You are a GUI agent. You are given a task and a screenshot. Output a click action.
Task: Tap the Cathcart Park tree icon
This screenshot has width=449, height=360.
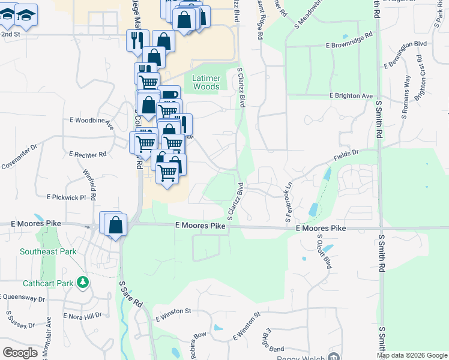pyautogui.click(x=83, y=281)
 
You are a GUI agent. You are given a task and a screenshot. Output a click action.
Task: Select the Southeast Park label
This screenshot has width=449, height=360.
pyautogui.click(x=48, y=251)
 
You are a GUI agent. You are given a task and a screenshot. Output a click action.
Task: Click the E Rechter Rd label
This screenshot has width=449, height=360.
pyautogui.click(x=88, y=154)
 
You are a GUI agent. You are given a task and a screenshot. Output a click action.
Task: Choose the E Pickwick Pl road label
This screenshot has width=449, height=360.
pyautogui.click(x=67, y=197)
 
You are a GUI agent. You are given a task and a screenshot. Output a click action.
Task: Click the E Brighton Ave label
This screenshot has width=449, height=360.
pyautogui.click(x=351, y=96)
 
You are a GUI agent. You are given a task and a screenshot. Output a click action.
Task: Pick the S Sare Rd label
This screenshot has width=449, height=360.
pyautogui.click(x=130, y=294)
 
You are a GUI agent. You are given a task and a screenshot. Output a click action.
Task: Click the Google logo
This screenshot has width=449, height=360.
pyautogui.click(x=20, y=353)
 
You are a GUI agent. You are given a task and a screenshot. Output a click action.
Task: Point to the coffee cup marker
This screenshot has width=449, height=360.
pyautogui.click(x=170, y=95)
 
